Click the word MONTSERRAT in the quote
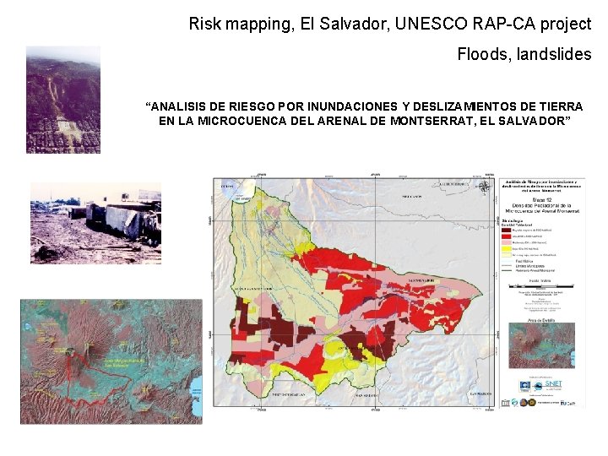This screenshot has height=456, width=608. (439, 121)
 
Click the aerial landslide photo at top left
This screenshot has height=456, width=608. (62, 100)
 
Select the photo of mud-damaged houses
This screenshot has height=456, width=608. (84, 224)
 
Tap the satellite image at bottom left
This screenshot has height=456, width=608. (111, 361)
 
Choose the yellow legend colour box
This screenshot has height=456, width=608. (506, 249)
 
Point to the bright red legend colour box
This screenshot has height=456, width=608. (506, 235)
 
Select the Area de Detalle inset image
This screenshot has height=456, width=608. (541, 345)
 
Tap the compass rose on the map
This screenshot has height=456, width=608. (485, 187)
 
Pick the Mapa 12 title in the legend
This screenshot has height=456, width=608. (540, 198)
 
